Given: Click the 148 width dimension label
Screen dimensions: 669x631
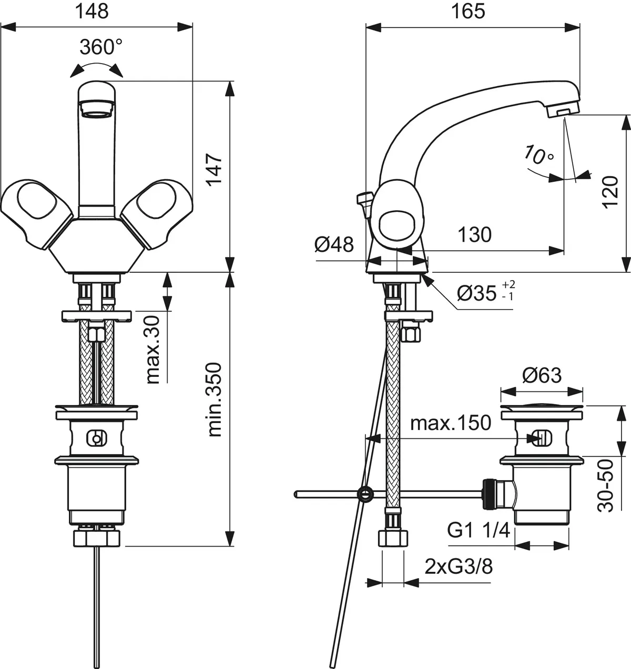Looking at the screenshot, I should (x=93, y=11).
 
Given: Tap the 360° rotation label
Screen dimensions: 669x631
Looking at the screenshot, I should (x=101, y=47).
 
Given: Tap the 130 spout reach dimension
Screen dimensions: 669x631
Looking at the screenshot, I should (x=474, y=234).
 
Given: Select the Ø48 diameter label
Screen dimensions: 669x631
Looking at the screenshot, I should (x=335, y=244).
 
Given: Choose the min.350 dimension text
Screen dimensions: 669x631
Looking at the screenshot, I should (x=215, y=399).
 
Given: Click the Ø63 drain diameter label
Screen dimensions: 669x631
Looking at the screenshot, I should (x=542, y=375).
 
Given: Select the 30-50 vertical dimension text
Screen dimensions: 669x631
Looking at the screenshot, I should (x=608, y=485).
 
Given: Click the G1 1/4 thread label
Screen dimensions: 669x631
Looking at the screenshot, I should (x=479, y=530).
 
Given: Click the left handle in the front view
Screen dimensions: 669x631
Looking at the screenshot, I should (x=35, y=210).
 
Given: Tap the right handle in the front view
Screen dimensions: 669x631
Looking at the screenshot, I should (x=156, y=210).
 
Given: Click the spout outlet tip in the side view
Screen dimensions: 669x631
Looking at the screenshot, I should (x=562, y=110).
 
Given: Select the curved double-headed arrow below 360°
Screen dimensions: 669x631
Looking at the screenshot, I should (x=96, y=68).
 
